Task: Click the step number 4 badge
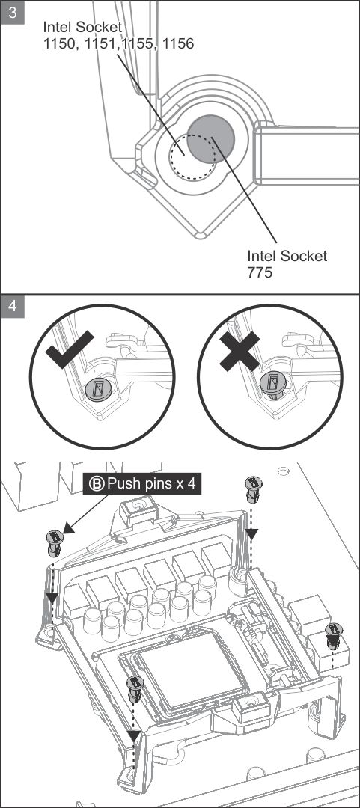[13, 306]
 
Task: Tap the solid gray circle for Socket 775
[210, 138]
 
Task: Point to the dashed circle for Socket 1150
[192, 156]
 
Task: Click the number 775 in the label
[260, 272]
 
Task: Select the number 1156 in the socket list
[178, 44]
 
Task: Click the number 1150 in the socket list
[59, 44]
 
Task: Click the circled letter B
[97, 484]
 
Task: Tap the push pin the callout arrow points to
[55, 542]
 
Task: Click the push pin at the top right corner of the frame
[253, 489]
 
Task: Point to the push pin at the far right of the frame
[334, 636]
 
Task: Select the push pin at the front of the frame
[135, 689]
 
